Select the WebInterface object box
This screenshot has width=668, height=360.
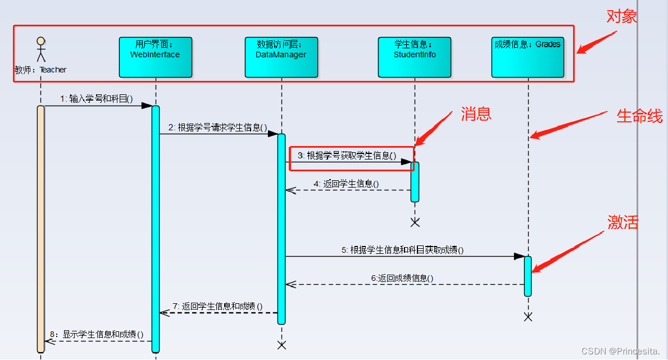click(x=156, y=57)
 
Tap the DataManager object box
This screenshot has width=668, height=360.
click(x=281, y=57)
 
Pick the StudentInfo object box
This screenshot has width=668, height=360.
click(x=415, y=57)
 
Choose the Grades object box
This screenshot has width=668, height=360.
click(x=528, y=57)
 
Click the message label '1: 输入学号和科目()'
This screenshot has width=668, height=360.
click(x=97, y=99)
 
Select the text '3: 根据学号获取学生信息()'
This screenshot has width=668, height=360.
click(x=347, y=156)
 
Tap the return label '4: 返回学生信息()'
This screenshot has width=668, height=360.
click(x=346, y=184)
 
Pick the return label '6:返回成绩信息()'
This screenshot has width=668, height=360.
click(x=402, y=278)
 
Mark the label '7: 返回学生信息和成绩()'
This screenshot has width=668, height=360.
click(x=218, y=306)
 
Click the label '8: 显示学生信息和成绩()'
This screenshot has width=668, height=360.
click(x=97, y=334)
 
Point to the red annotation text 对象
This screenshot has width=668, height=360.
click(x=622, y=17)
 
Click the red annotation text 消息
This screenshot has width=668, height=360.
click(x=476, y=114)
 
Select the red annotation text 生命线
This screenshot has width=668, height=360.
click(x=639, y=116)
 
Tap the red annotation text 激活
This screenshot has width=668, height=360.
click(x=623, y=222)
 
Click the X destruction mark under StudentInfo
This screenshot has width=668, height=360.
click(x=415, y=222)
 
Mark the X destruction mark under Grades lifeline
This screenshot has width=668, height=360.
click(x=528, y=317)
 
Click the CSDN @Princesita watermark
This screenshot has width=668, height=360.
click(x=620, y=351)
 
